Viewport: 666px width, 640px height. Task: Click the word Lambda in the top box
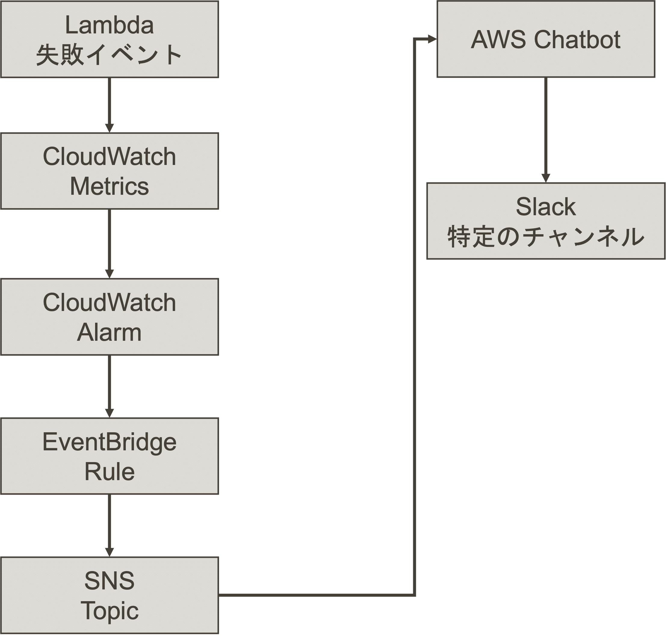tap(109, 25)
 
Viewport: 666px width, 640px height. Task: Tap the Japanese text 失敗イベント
tap(109, 55)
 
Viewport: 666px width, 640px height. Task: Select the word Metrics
tap(109, 186)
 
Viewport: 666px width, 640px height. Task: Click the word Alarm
tap(109, 332)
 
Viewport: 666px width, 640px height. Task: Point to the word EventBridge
tap(109, 442)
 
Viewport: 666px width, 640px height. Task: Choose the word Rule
tap(109, 471)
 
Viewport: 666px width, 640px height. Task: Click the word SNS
tap(109, 580)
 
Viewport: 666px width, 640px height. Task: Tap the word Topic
tap(109, 610)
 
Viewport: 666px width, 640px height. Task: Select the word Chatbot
tap(577, 39)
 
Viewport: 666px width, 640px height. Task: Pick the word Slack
tap(545, 207)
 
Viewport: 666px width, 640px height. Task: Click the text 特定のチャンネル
tap(545, 237)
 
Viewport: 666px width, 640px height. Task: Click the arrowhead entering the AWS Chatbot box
tap(432, 39)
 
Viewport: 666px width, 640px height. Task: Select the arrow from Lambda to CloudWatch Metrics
tap(109, 102)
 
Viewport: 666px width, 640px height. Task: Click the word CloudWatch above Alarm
tap(109, 302)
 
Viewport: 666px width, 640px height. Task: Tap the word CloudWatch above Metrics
tap(109, 157)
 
